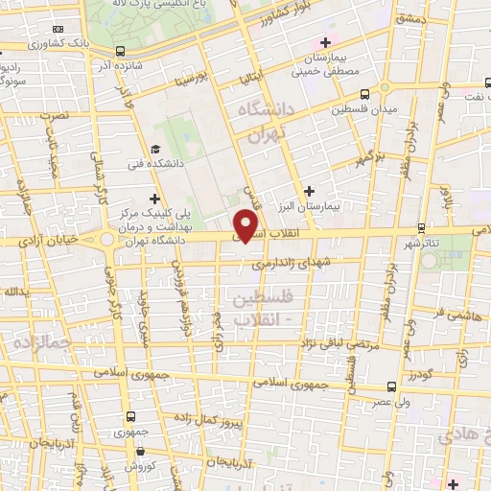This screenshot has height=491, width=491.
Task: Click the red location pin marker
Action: tap(247, 224)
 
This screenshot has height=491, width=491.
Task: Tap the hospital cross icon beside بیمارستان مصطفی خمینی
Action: tap(325, 42)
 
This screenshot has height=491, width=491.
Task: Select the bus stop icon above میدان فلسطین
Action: tap(364, 95)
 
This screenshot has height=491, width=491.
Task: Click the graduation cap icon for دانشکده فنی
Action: tap(155, 150)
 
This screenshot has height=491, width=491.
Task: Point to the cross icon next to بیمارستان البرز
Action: tap(309, 192)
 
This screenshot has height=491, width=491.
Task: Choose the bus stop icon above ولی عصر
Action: tap(390, 386)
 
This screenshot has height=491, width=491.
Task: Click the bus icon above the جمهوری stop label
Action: tap(131, 417)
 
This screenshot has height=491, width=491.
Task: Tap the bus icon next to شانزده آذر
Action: tap(119, 51)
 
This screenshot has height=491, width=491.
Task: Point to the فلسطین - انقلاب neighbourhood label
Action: tap(254, 309)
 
